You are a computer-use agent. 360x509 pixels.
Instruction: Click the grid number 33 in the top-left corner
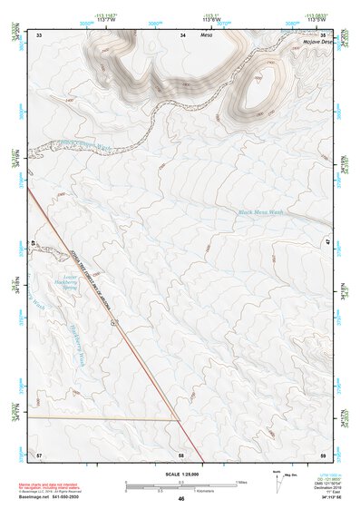click(39, 34)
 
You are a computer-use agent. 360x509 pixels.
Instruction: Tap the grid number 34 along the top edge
click(183, 34)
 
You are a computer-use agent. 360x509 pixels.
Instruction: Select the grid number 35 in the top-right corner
click(323, 34)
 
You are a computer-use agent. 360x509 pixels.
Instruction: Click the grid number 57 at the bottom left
click(39, 454)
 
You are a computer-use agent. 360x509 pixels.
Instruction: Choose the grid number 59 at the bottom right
click(323, 454)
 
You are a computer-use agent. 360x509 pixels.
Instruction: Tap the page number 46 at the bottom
click(181, 499)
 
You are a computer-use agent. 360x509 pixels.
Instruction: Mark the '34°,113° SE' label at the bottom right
click(311, 498)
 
